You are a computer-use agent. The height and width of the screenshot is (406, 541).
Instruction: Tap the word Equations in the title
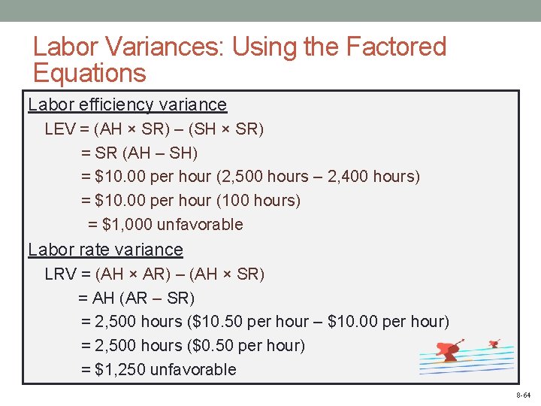pos(89,73)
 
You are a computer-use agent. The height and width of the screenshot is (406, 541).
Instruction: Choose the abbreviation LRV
pos(60,274)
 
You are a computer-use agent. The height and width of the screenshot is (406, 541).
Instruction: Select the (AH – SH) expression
pos(162,153)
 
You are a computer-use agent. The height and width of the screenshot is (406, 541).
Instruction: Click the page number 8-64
pos(523,395)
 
